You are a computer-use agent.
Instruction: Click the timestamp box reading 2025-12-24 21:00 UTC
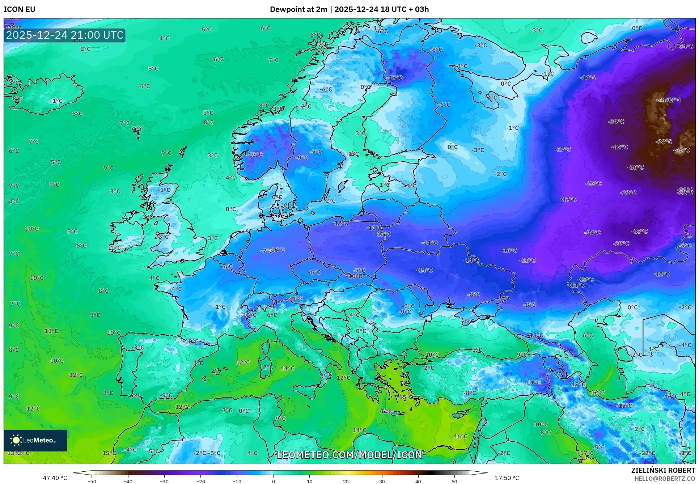tap(65, 35)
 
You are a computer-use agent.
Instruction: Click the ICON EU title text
tap(20, 9)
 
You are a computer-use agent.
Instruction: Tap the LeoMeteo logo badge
tap(35, 440)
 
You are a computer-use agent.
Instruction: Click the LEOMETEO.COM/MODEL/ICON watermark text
tap(349, 455)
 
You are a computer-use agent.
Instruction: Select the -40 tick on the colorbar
tap(128, 481)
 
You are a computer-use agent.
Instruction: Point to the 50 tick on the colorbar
tap(454, 481)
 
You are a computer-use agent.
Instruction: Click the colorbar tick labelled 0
tap(273, 481)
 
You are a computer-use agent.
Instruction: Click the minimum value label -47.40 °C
tap(54, 478)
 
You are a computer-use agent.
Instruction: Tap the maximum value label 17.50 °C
tap(507, 478)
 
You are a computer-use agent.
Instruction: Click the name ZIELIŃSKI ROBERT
tap(663, 470)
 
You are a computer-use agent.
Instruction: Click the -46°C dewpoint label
tap(681, 150)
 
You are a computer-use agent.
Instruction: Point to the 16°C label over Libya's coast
tap(461, 436)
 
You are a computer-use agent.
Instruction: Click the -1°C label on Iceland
tap(56, 101)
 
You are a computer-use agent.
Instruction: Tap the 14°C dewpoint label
tap(359, 430)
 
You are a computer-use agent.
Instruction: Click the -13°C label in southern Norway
tap(255, 154)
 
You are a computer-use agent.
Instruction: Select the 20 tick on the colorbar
tap(346, 481)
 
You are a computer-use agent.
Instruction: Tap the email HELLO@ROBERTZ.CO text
tap(665, 479)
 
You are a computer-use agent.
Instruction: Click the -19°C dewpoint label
tap(577, 384)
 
